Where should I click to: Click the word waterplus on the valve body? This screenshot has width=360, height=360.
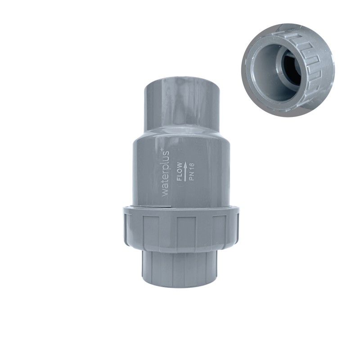166,174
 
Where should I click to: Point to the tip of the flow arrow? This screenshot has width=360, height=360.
186,162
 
